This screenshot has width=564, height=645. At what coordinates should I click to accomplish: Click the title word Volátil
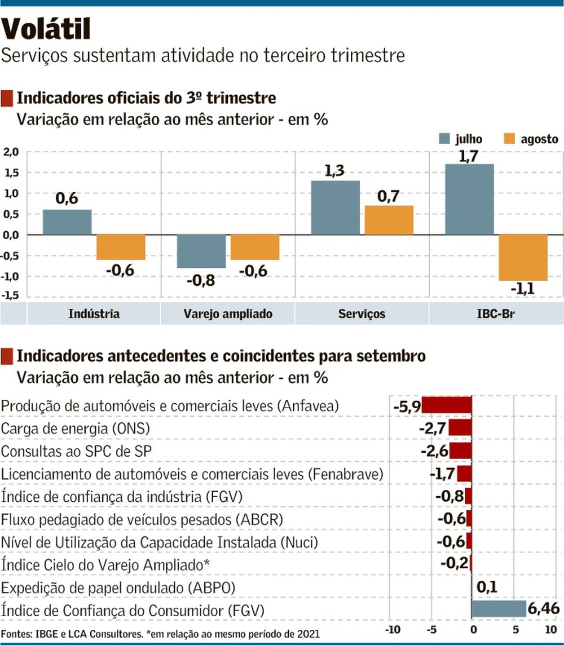[x=46, y=29]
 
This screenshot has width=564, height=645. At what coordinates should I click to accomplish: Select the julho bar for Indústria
[x=67, y=222]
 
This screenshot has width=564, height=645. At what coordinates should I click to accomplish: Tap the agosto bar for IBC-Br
[x=523, y=257]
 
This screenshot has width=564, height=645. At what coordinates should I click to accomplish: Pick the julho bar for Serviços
[x=335, y=207]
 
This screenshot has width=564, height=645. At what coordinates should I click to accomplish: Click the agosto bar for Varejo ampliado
[x=255, y=247]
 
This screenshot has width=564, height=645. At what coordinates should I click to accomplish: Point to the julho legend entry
[x=460, y=139]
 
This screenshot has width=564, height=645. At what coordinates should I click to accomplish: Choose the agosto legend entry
[x=529, y=139]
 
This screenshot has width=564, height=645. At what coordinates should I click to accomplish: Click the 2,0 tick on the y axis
[x=11, y=152]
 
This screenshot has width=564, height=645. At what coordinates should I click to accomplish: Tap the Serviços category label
[x=362, y=314]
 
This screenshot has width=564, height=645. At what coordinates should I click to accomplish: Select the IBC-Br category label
[x=496, y=314]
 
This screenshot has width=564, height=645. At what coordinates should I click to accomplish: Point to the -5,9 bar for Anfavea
[x=446, y=405]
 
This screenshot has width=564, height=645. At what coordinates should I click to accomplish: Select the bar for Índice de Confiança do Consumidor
[x=499, y=608]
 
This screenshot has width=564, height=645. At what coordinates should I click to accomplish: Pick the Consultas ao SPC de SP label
[x=77, y=452]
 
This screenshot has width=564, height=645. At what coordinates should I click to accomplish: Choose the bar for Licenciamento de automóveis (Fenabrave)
[x=464, y=474]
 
